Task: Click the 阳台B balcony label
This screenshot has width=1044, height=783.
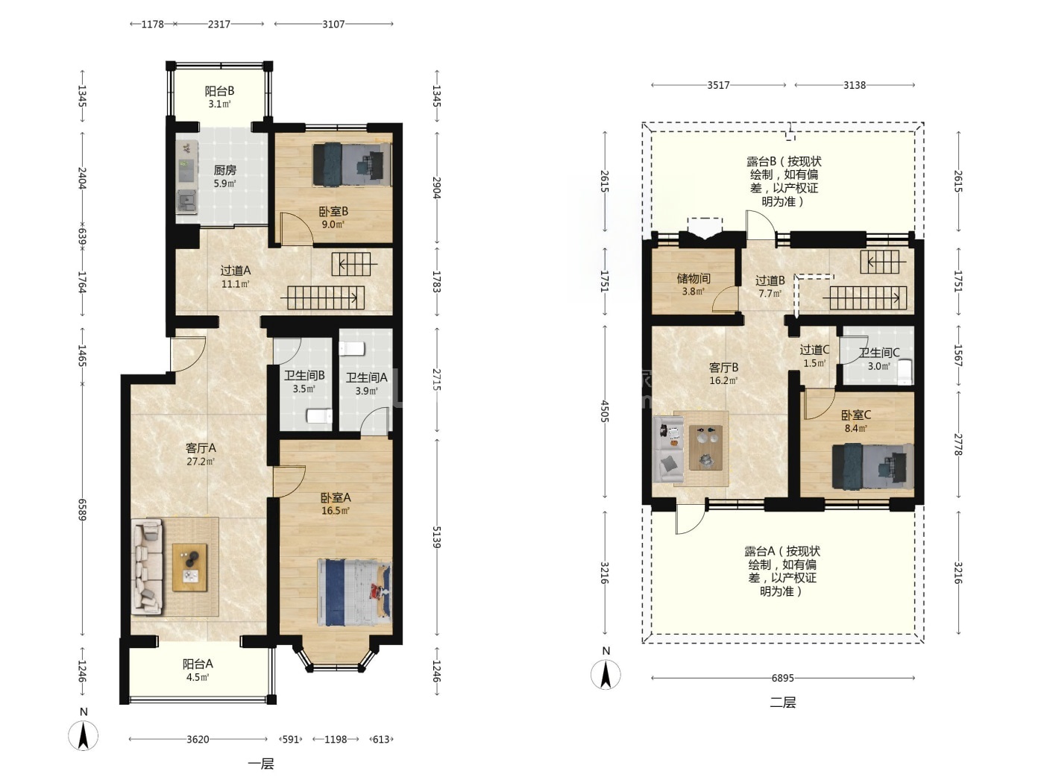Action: click(x=219, y=91)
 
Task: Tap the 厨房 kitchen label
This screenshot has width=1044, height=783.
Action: click(x=224, y=170)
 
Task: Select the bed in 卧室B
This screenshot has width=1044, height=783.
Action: click(x=352, y=165)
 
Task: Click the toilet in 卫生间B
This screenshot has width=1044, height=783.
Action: click(x=319, y=416)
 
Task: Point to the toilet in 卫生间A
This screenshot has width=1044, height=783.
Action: click(x=352, y=349)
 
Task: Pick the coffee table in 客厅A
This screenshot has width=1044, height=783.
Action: click(x=189, y=567)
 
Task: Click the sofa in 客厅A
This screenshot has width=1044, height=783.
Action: click(x=147, y=567)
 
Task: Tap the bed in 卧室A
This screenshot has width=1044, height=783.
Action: click(x=354, y=593)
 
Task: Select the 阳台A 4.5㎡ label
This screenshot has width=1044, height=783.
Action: click(x=198, y=670)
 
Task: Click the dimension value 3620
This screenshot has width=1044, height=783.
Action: click(x=198, y=739)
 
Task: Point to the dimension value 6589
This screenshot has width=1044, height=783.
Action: click(x=82, y=509)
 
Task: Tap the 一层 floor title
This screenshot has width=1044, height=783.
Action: click(x=261, y=764)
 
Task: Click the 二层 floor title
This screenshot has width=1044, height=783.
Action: click(x=782, y=702)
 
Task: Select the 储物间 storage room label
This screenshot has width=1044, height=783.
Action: click(x=694, y=278)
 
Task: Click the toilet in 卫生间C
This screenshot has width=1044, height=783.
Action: click(x=905, y=372)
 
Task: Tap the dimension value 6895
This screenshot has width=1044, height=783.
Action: click(x=782, y=678)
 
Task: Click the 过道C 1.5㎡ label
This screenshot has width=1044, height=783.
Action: click(x=814, y=356)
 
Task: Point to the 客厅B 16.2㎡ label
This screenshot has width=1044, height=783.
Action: click(x=723, y=374)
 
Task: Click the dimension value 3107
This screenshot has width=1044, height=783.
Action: click(x=333, y=25)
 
